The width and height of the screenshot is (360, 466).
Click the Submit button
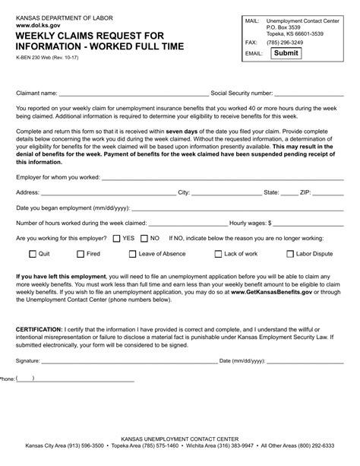(286, 53)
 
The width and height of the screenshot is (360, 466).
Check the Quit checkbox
(32, 253)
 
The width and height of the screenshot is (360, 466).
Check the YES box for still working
(115, 238)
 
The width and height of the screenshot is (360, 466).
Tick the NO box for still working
(144, 238)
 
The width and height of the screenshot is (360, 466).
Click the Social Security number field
(309, 94)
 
